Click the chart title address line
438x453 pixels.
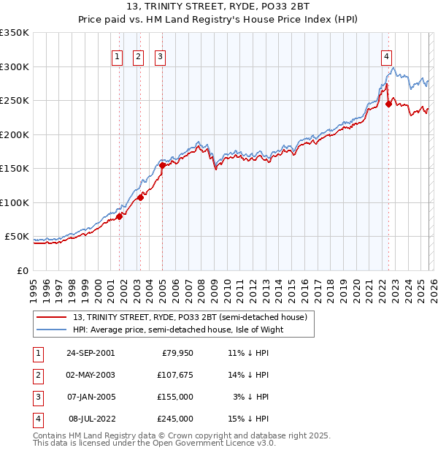point(219,7)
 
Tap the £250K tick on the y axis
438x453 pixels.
point(15,101)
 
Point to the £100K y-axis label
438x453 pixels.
point(15,202)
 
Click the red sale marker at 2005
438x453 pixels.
point(162,165)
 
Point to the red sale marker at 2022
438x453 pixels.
point(388,104)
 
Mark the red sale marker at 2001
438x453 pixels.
point(119,216)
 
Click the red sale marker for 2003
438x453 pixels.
point(140,197)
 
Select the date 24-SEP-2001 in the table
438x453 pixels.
point(91,353)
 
